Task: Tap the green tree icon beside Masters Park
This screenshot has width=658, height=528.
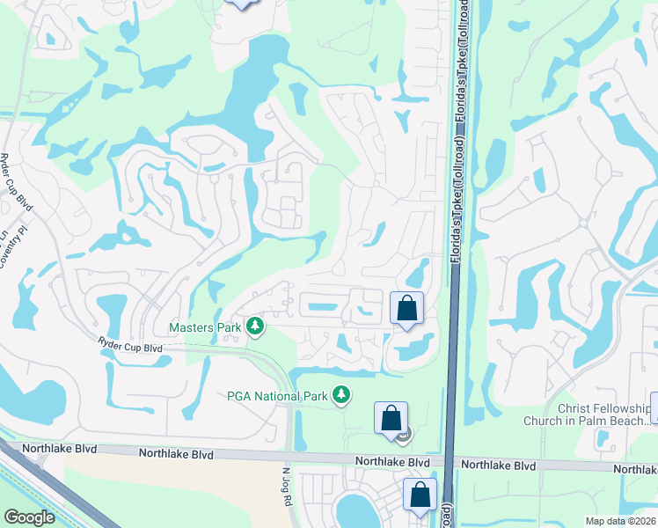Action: point(255,327)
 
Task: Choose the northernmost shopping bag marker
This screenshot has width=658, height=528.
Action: point(406,309)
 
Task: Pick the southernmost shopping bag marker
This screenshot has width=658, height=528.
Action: point(420,495)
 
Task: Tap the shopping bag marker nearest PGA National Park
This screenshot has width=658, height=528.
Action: point(391,419)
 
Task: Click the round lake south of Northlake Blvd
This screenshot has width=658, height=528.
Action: point(355,510)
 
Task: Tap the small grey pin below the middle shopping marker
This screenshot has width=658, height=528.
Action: point(403,434)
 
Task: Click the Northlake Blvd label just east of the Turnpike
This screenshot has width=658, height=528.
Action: point(500,465)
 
